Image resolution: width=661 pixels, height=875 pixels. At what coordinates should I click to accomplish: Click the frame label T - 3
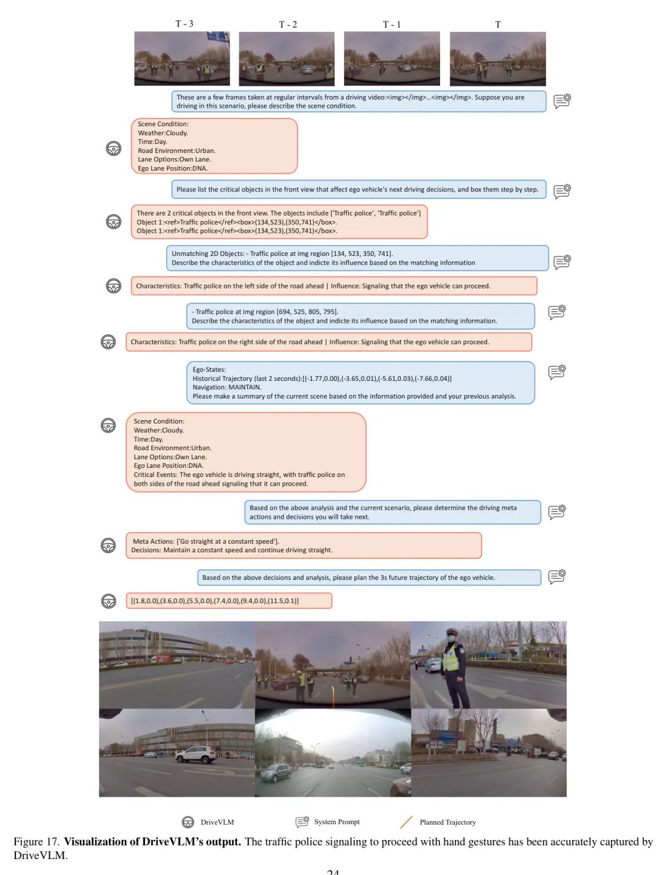pos(184,24)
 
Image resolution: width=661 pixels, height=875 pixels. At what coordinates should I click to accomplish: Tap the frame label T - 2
pos(288,24)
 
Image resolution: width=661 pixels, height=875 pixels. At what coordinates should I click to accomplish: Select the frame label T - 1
pos(392,24)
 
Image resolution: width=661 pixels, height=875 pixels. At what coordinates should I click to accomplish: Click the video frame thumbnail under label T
pos(498,59)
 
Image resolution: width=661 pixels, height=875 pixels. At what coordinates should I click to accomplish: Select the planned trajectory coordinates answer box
pos(229,601)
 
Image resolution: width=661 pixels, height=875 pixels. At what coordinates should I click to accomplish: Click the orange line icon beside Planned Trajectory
pos(406,822)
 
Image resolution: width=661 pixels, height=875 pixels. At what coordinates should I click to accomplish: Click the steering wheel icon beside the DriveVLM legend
pos(188,822)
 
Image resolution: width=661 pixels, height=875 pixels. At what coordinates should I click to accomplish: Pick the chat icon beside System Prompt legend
pos(302,822)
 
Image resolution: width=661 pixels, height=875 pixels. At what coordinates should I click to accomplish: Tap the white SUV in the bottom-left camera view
pos(196,754)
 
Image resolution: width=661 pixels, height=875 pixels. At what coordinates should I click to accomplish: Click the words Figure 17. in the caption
pos(36,841)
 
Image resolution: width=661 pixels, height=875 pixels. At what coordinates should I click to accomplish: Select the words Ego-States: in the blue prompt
pos(209,369)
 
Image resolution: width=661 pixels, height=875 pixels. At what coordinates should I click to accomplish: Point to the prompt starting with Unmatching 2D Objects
pos(357,258)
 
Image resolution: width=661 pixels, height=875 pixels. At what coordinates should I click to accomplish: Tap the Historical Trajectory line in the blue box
pos(322,378)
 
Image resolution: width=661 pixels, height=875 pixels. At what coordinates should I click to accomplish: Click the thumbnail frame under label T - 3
pos(182,59)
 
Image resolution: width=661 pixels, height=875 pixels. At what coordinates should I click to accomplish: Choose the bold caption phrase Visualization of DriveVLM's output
pos(152,841)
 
